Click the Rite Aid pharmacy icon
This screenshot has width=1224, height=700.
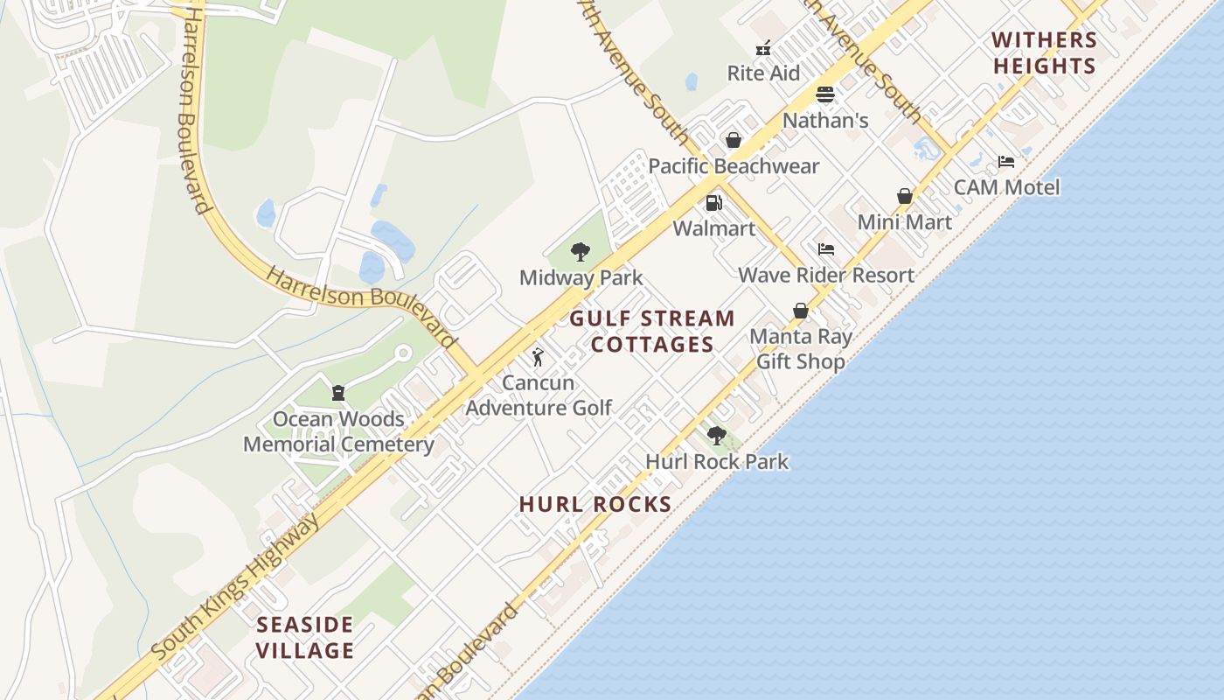point(763,47)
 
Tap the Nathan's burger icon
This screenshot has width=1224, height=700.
point(825,94)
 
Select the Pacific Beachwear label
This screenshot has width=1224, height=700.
point(734,166)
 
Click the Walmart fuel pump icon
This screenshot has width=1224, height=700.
point(713,203)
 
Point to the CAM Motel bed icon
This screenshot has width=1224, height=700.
point(1006,162)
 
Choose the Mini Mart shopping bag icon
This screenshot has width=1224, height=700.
point(905,196)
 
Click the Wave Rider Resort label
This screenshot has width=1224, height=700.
point(826,275)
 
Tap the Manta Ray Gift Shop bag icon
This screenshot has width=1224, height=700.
point(800,311)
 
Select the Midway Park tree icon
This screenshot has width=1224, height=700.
point(580,253)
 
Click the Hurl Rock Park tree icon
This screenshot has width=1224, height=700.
point(717,436)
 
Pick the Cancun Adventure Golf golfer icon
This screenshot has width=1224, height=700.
point(538,357)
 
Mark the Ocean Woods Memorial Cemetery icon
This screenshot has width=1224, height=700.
point(338,393)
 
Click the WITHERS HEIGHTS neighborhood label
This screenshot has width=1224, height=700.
point(1044,52)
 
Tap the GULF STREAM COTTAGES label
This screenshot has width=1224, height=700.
point(652,331)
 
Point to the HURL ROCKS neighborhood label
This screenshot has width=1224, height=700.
point(595,504)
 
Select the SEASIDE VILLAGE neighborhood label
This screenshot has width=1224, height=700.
point(305,637)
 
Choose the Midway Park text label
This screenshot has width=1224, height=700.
point(581,278)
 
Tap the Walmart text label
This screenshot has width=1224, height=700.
point(713,228)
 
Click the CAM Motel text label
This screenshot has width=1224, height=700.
point(1006,187)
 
